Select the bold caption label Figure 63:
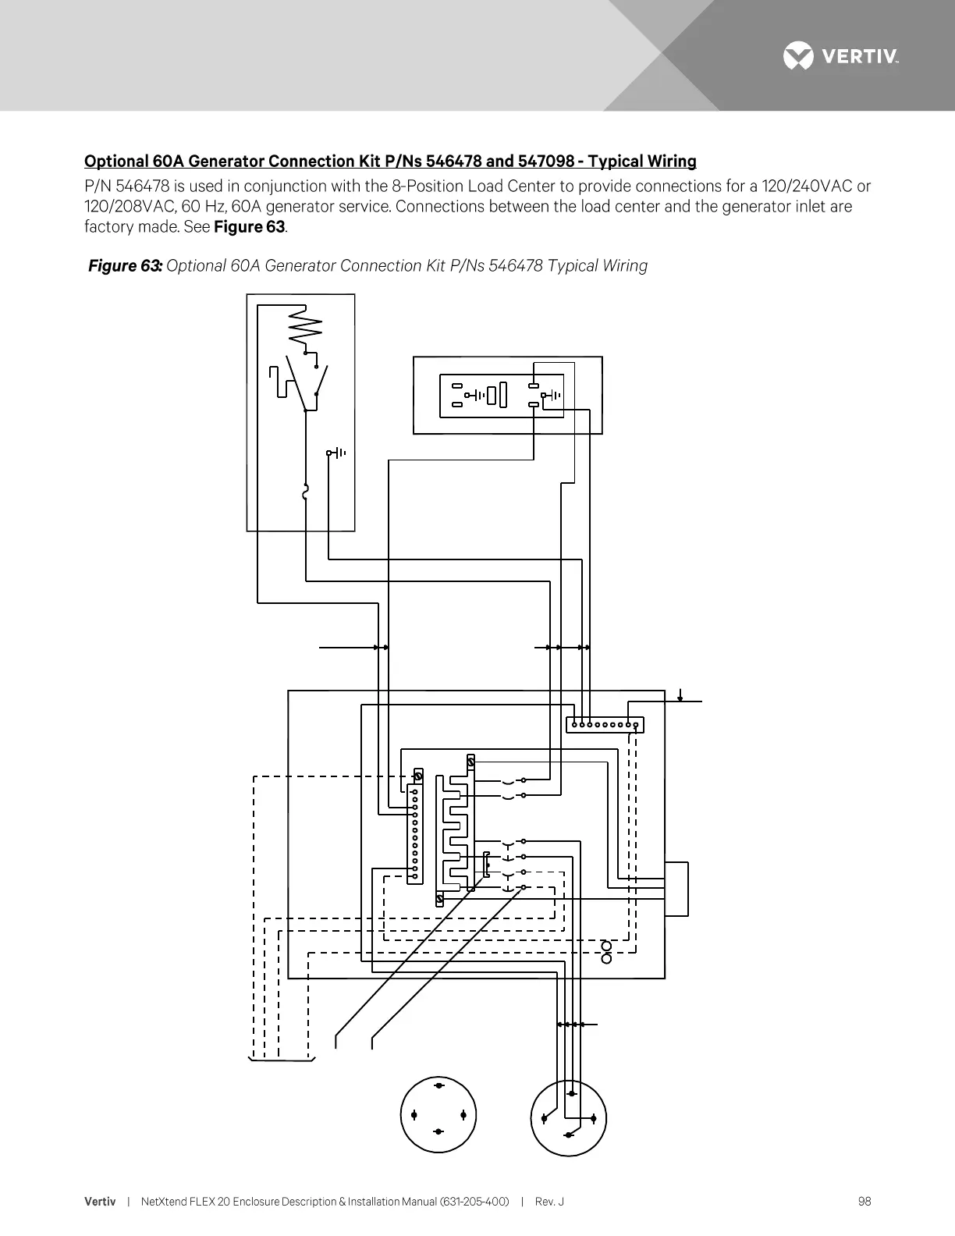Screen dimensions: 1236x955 (125, 266)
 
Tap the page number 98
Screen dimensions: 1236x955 (864, 1202)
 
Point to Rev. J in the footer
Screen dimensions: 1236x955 (549, 1202)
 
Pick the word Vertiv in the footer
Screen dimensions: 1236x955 (100, 1202)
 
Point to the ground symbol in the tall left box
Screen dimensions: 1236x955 (336, 453)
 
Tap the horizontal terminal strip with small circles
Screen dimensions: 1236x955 (605, 725)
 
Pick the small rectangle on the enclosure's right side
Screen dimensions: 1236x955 (676, 889)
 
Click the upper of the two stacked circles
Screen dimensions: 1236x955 (607, 947)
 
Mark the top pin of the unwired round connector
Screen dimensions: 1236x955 (438, 1085)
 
